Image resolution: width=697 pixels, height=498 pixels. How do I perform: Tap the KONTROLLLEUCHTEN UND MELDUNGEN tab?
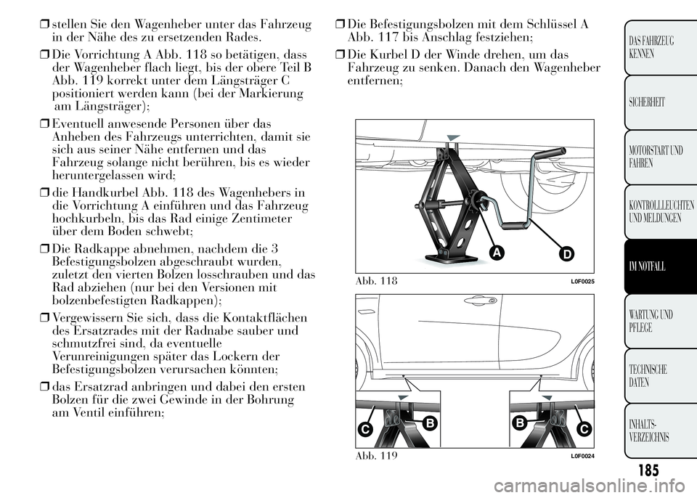tap(651, 212)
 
